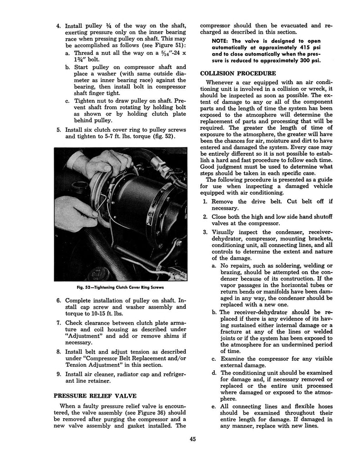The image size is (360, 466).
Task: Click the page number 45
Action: click(193, 439)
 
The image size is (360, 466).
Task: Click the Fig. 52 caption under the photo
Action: click(120, 287)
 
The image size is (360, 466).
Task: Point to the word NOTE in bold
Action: click(222, 41)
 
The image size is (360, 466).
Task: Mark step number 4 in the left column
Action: click(58, 26)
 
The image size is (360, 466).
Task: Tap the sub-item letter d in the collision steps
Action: click(213, 373)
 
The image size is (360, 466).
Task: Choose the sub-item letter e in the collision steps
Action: click(213, 405)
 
